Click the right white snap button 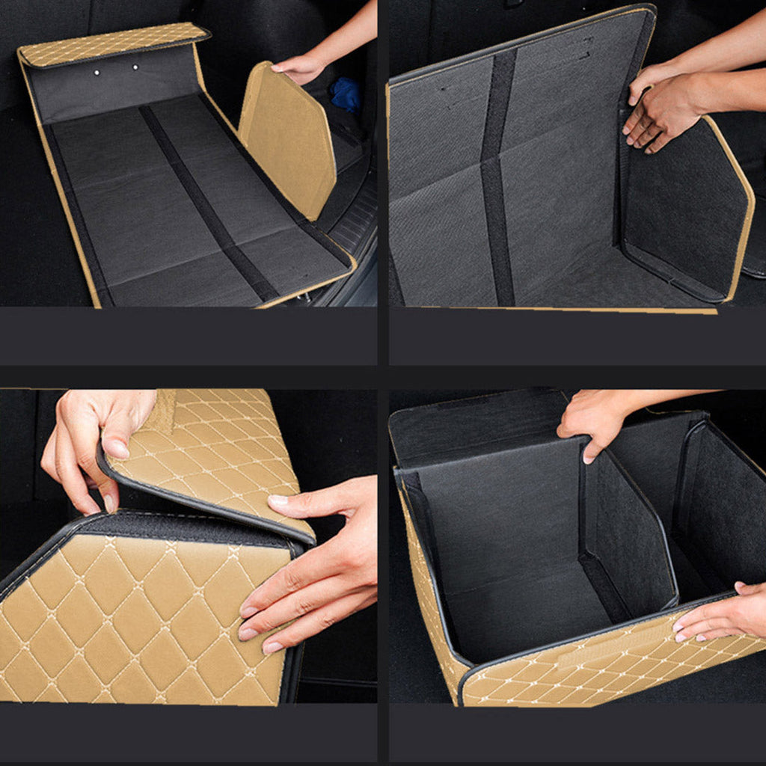point(135,67)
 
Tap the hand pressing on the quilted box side point(314,569)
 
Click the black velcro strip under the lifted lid point(187,527)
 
